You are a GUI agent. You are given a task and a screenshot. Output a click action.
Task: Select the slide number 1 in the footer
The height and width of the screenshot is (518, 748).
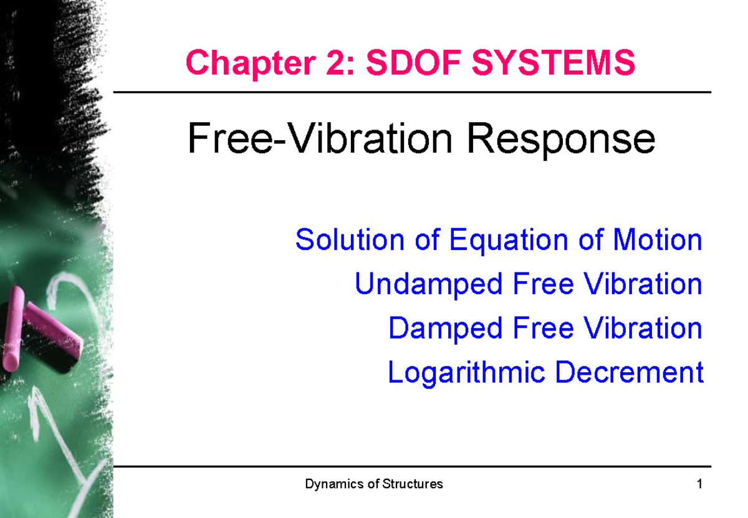[x=701, y=484]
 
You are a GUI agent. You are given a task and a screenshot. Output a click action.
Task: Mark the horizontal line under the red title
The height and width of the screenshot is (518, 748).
[x=411, y=92]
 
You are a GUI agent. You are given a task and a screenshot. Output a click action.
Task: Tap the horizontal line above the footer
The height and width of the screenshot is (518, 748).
[x=411, y=466]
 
